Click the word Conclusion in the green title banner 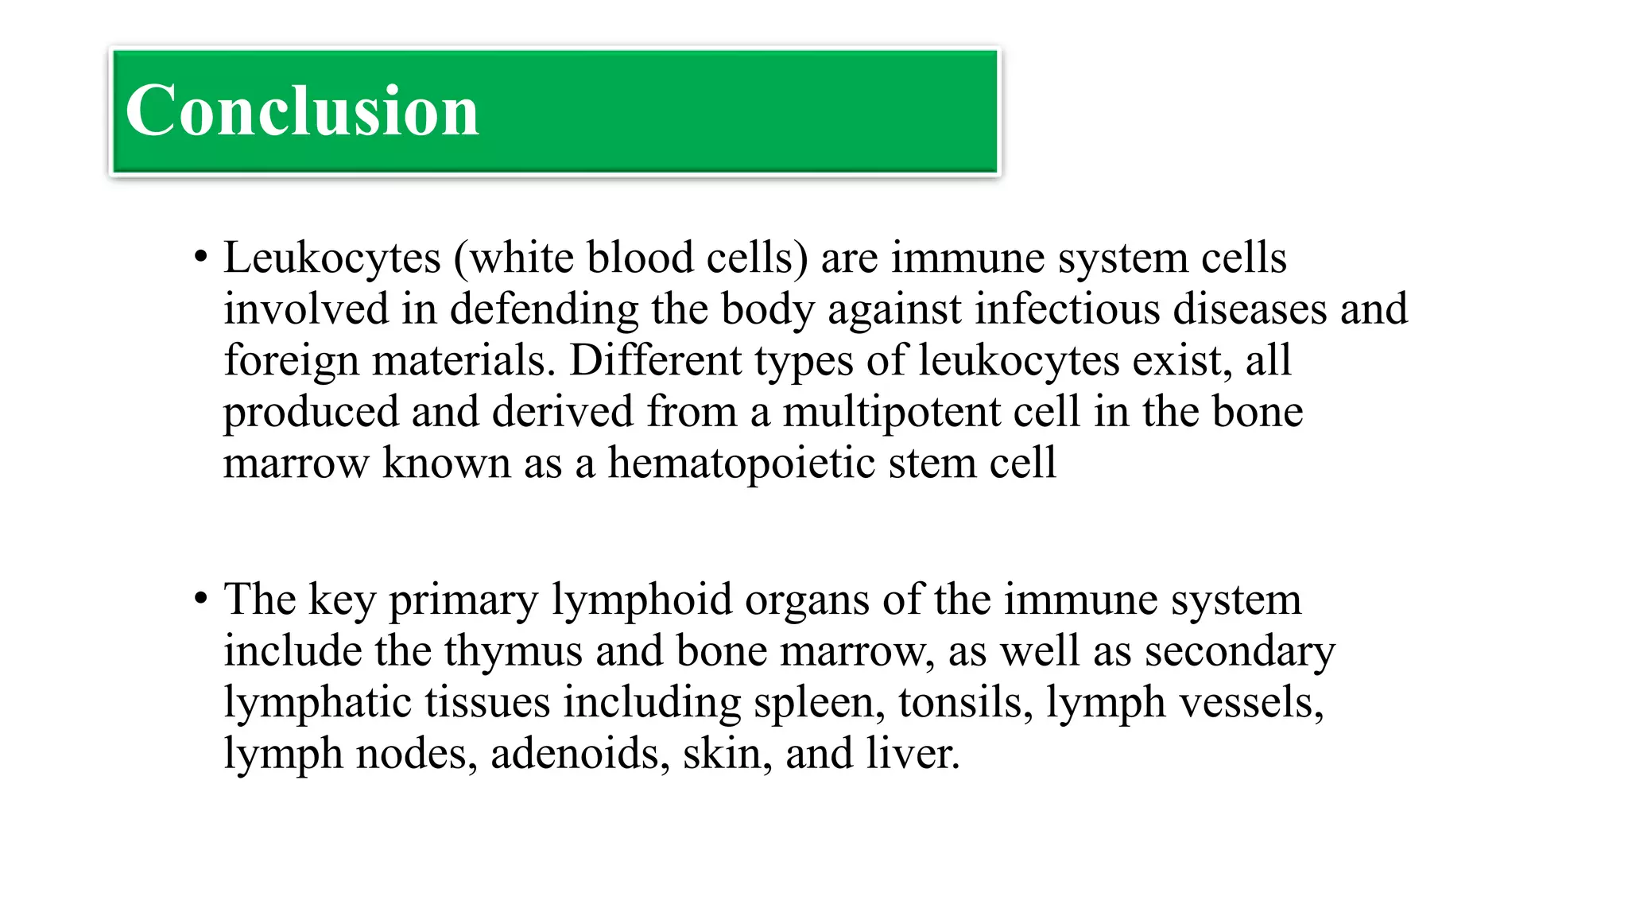302,111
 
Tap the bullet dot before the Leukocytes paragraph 200,258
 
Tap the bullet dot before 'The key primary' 200,599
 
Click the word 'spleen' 819,702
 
